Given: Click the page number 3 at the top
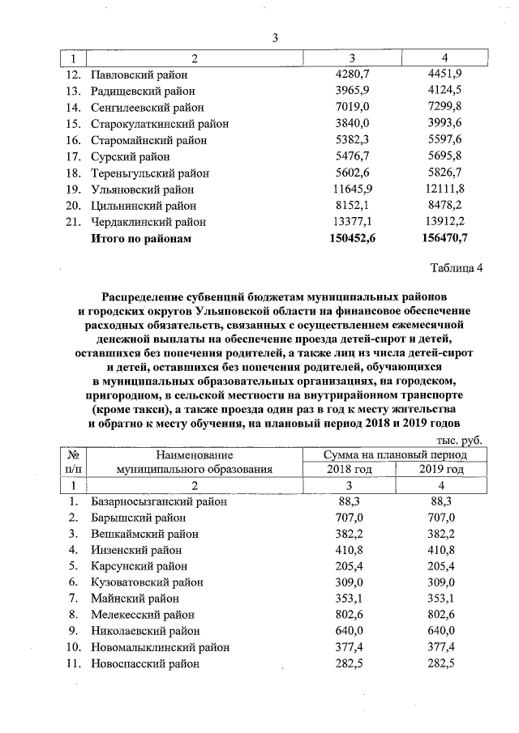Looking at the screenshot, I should click(x=275, y=38).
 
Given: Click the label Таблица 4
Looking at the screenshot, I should click(x=454, y=269).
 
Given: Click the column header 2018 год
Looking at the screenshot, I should click(x=349, y=469).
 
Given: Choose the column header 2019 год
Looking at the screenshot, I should click(x=442, y=469).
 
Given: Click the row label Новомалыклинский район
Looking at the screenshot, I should click(x=160, y=647).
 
